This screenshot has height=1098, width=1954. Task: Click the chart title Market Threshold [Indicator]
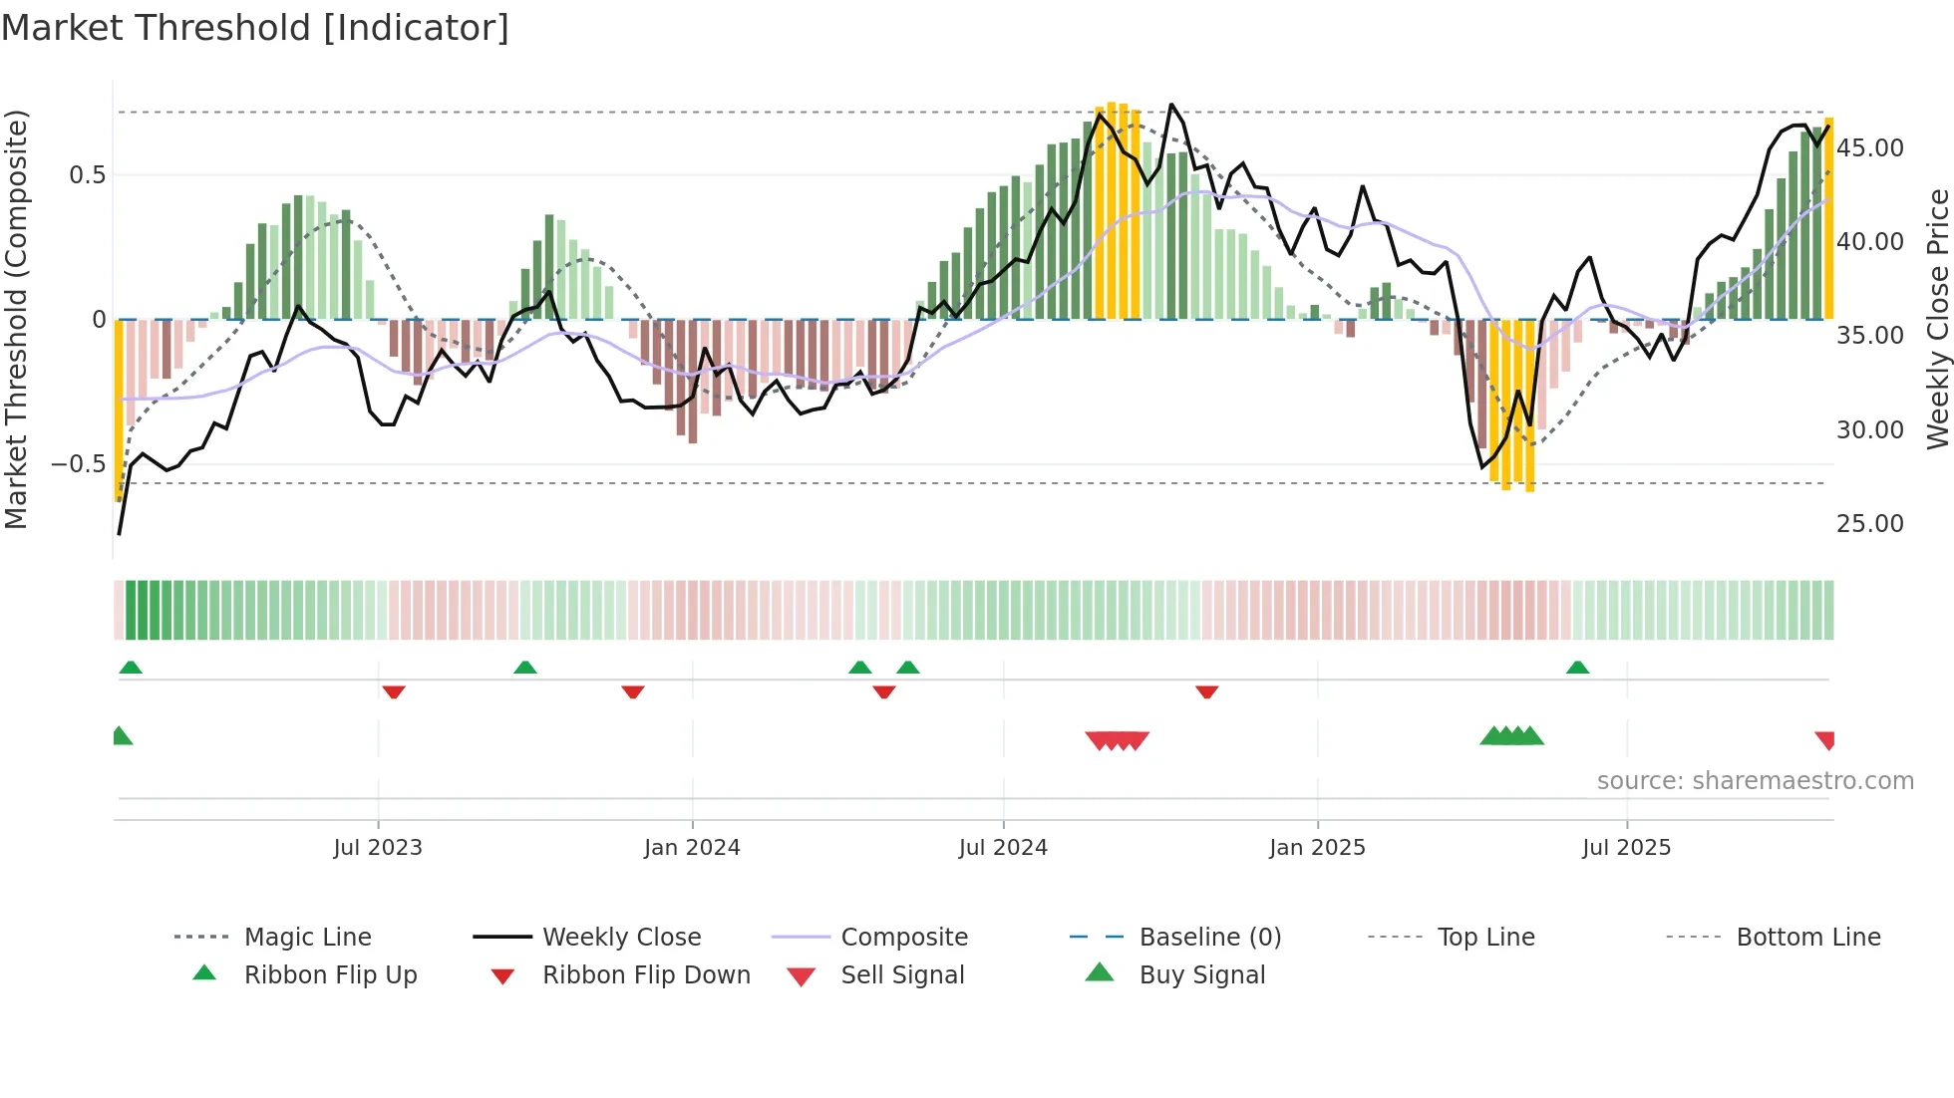[x=255, y=28]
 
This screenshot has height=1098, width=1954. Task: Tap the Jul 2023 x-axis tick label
[x=378, y=848]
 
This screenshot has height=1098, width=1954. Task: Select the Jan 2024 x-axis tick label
[x=692, y=848]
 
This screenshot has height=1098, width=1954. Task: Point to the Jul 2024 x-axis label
[x=1003, y=848]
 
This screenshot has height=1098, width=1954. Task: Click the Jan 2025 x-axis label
[x=1317, y=848]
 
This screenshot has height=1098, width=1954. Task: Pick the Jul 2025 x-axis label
[x=1626, y=848]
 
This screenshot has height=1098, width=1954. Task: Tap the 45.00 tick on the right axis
[x=1870, y=148]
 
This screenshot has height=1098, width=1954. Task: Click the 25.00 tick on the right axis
[x=1870, y=524]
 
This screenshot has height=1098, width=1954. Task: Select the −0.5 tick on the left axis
[x=78, y=464]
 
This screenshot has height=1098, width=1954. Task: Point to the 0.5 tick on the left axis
[x=87, y=175]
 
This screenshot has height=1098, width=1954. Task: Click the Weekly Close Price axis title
[x=1937, y=319]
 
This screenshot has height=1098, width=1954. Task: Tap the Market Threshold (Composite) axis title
[x=16, y=319]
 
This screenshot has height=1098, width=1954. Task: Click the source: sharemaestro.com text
[x=1755, y=781]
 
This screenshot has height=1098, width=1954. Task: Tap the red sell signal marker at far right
[x=1825, y=739]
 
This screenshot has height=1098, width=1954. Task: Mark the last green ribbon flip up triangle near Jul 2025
[x=1577, y=668]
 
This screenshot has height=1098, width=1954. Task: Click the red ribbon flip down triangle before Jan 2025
[x=1206, y=691]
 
